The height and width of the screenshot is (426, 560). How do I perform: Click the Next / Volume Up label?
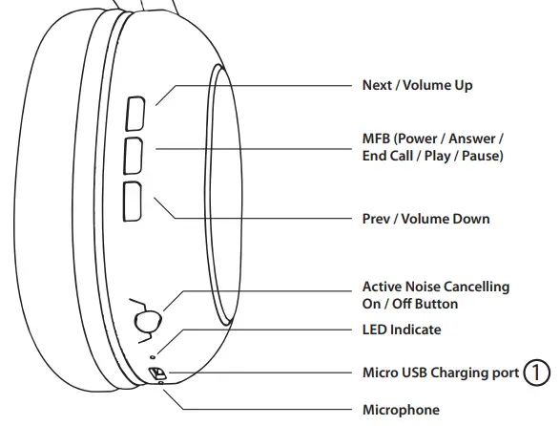coord(417,85)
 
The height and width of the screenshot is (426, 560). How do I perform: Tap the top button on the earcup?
coord(135,114)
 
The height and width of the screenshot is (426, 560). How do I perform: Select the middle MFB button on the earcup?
coord(133,156)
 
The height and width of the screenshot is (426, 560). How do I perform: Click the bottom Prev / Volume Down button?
coord(133,202)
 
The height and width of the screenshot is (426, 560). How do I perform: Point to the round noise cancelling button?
coord(148,322)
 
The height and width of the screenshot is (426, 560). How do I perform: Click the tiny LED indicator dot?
coord(154,356)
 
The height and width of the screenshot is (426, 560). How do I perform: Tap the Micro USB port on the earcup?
coord(157,373)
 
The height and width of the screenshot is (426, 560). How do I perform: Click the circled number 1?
coord(536,373)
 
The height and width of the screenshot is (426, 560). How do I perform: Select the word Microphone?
coord(401,410)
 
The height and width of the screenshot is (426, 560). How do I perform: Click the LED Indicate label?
coord(402,330)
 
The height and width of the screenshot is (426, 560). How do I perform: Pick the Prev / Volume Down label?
coord(425,219)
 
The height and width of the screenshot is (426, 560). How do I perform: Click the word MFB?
coord(376,138)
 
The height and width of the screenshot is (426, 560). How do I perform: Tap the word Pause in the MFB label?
coord(482,156)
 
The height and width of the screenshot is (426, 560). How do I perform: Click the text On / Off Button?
coord(410,304)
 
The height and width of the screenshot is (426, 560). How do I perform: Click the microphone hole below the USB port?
coord(160,383)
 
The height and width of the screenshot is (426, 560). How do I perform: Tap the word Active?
coord(379,287)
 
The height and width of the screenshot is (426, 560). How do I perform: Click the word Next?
coord(377,85)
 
